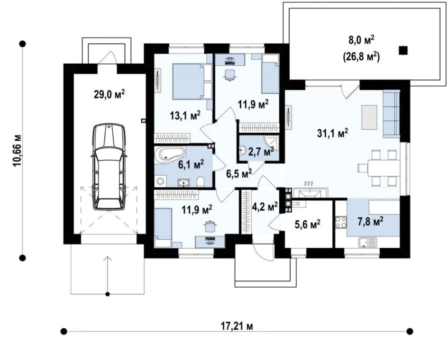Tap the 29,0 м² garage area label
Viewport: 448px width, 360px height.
point(110,94)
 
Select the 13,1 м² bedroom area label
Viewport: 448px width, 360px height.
point(185,115)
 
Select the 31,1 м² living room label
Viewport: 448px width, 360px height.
point(333,133)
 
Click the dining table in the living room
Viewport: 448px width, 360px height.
point(384,168)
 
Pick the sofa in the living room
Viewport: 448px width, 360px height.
point(391,113)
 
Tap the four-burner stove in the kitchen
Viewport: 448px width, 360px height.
point(341,223)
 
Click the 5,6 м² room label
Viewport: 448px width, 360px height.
point(307,224)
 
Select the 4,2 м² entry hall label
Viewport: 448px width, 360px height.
point(265,206)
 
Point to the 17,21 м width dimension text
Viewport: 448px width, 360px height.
point(237,326)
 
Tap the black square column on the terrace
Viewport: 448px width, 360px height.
point(403,51)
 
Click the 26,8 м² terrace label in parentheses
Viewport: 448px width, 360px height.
point(361,57)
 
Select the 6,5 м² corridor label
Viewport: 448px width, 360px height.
point(239,173)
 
